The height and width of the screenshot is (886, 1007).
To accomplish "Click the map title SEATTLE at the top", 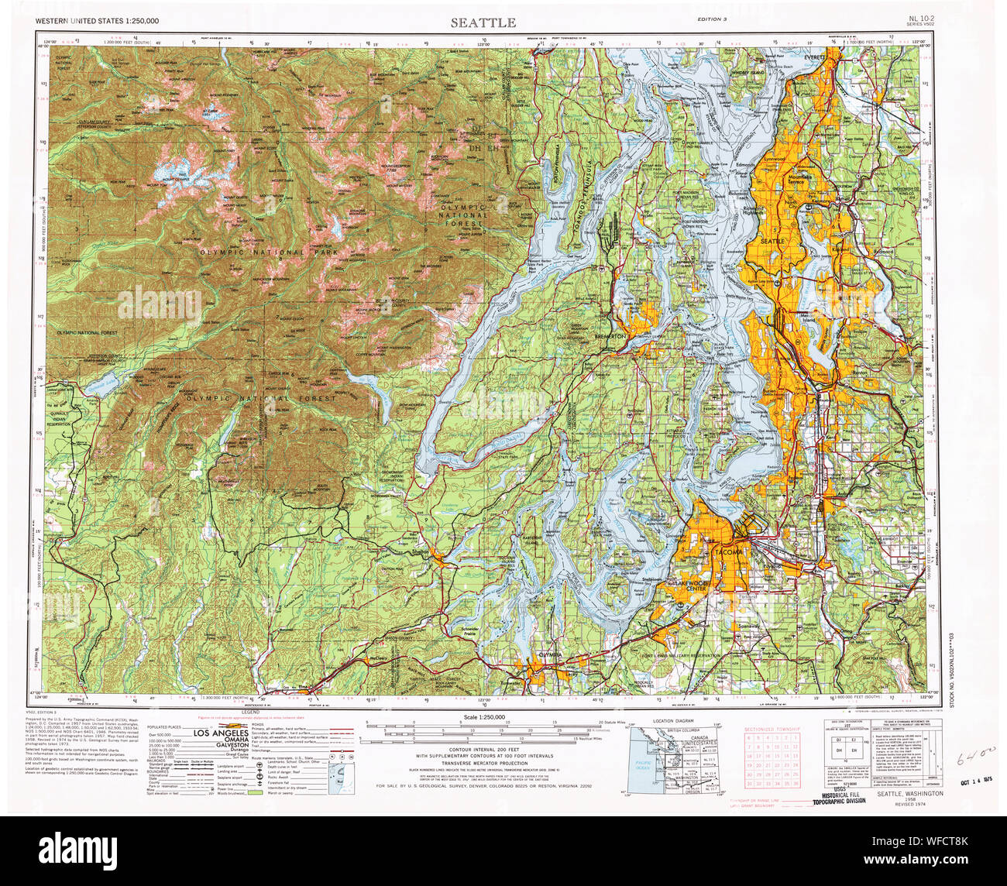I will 483,22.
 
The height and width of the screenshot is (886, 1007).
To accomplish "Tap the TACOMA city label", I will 727,551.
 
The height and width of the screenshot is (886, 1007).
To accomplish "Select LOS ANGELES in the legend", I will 221,733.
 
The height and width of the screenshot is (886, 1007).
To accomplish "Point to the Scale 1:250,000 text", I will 483,717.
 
